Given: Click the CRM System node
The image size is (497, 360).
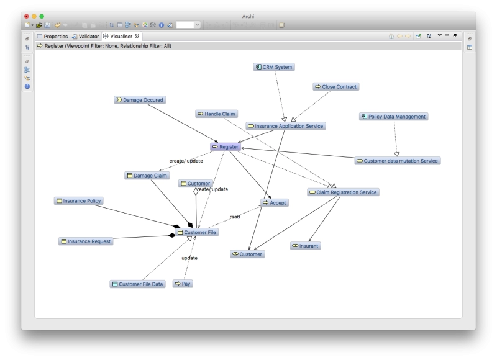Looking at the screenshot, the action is point(274,67).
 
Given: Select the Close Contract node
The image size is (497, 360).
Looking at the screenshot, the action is point(336,87).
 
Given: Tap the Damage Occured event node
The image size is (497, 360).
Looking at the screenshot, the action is point(140,100).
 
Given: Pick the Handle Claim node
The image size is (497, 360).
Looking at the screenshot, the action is point(216,114).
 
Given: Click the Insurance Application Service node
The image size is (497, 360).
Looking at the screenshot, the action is point(286,126).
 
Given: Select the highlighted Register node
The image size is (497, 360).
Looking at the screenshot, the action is point(226,147).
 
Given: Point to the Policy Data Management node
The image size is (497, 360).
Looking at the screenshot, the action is point(394,117).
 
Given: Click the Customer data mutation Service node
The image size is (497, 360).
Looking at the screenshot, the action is point(398,161).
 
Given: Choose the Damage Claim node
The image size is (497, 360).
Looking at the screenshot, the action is point(147,176).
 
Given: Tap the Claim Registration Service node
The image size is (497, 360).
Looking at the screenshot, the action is point(344,192).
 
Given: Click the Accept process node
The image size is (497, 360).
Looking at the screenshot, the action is point(275,202).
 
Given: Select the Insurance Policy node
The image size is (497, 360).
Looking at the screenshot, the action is point(79,201).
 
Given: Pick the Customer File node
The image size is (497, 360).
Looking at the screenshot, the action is point(197,232).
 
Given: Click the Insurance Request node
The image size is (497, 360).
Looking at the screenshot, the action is point(86,241).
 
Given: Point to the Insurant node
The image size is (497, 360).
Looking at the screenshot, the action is point(306,246).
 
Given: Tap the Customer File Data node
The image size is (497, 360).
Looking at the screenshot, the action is point(137,284).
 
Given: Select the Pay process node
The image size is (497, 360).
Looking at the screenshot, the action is point(183,284).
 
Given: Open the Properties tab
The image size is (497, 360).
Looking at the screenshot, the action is point(53,37).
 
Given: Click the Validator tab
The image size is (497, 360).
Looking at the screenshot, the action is point(86,37).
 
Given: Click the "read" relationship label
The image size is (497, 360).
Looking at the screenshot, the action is point(235,217).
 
